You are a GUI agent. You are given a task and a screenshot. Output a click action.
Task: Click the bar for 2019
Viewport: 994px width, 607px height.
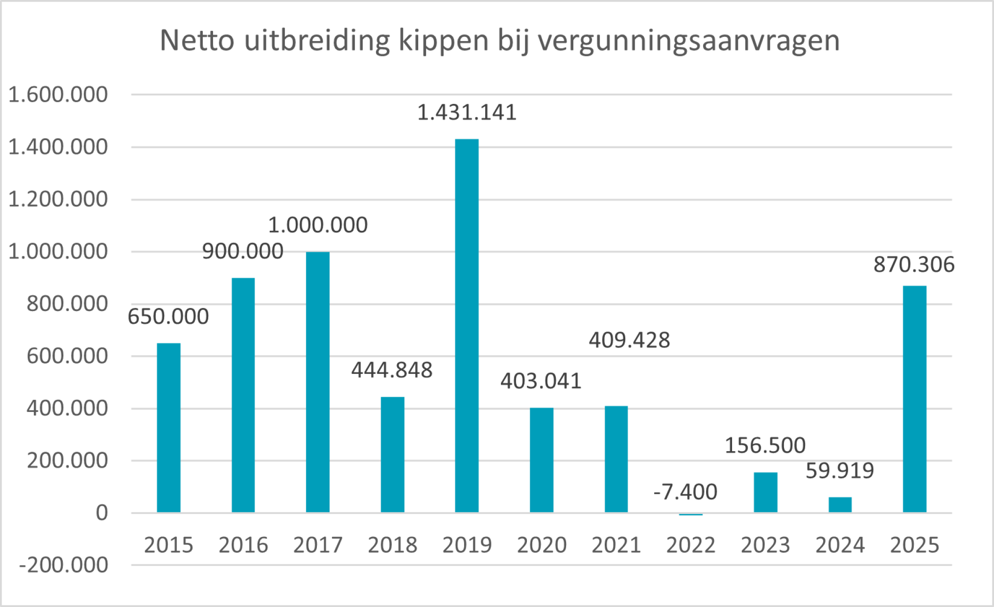point(467,326)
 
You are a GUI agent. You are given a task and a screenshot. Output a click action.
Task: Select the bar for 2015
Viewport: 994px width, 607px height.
point(168,428)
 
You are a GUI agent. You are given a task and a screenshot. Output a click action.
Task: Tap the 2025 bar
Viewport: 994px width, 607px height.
point(914,399)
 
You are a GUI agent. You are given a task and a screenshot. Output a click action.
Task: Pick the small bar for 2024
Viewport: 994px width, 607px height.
point(840,505)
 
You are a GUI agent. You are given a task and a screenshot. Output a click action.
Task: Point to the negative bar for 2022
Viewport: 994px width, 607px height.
point(690,514)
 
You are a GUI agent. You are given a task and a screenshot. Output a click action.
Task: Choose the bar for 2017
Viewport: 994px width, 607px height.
point(318,382)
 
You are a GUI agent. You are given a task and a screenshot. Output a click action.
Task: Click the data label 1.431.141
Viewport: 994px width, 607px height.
point(467,113)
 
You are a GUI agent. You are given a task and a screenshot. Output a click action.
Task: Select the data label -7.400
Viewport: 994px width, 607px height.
point(685,492)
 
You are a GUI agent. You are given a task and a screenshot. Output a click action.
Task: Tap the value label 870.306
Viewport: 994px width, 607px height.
point(914,265)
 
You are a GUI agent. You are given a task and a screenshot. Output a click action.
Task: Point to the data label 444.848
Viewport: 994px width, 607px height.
point(392,370)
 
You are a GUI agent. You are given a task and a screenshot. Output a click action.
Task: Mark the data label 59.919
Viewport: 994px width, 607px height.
point(840,471)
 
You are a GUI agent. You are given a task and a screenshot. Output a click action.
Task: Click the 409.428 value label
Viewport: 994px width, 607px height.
point(629,340)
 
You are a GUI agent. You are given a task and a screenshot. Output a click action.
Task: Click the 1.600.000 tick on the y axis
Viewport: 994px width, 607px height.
point(58,95)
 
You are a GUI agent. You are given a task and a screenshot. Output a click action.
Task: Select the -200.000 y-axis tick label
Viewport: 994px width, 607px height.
point(64,565)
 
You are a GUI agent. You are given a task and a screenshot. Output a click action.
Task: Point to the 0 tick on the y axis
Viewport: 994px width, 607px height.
point(102,513)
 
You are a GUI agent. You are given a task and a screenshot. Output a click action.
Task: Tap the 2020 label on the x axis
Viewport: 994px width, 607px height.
point(542,545)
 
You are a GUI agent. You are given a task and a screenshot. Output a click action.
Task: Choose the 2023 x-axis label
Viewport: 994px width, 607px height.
point(765,545)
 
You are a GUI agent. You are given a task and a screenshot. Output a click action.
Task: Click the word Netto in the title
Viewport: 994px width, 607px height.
point(197,40)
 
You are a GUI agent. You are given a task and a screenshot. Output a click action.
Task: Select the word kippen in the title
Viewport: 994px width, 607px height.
point(444,41)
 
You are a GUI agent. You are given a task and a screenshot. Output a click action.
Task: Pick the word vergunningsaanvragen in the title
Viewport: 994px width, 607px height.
point(689,41)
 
